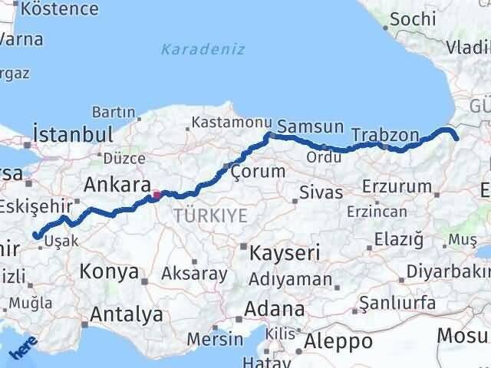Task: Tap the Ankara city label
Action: [117, 185]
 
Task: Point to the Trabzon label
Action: [385, 136]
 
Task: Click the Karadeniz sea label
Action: [203, 50]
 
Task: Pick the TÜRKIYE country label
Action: [211, 216]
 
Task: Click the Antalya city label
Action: [127, 314]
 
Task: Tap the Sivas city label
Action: [320, 191]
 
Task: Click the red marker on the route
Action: [157, 195]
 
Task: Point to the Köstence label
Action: [61, 9]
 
